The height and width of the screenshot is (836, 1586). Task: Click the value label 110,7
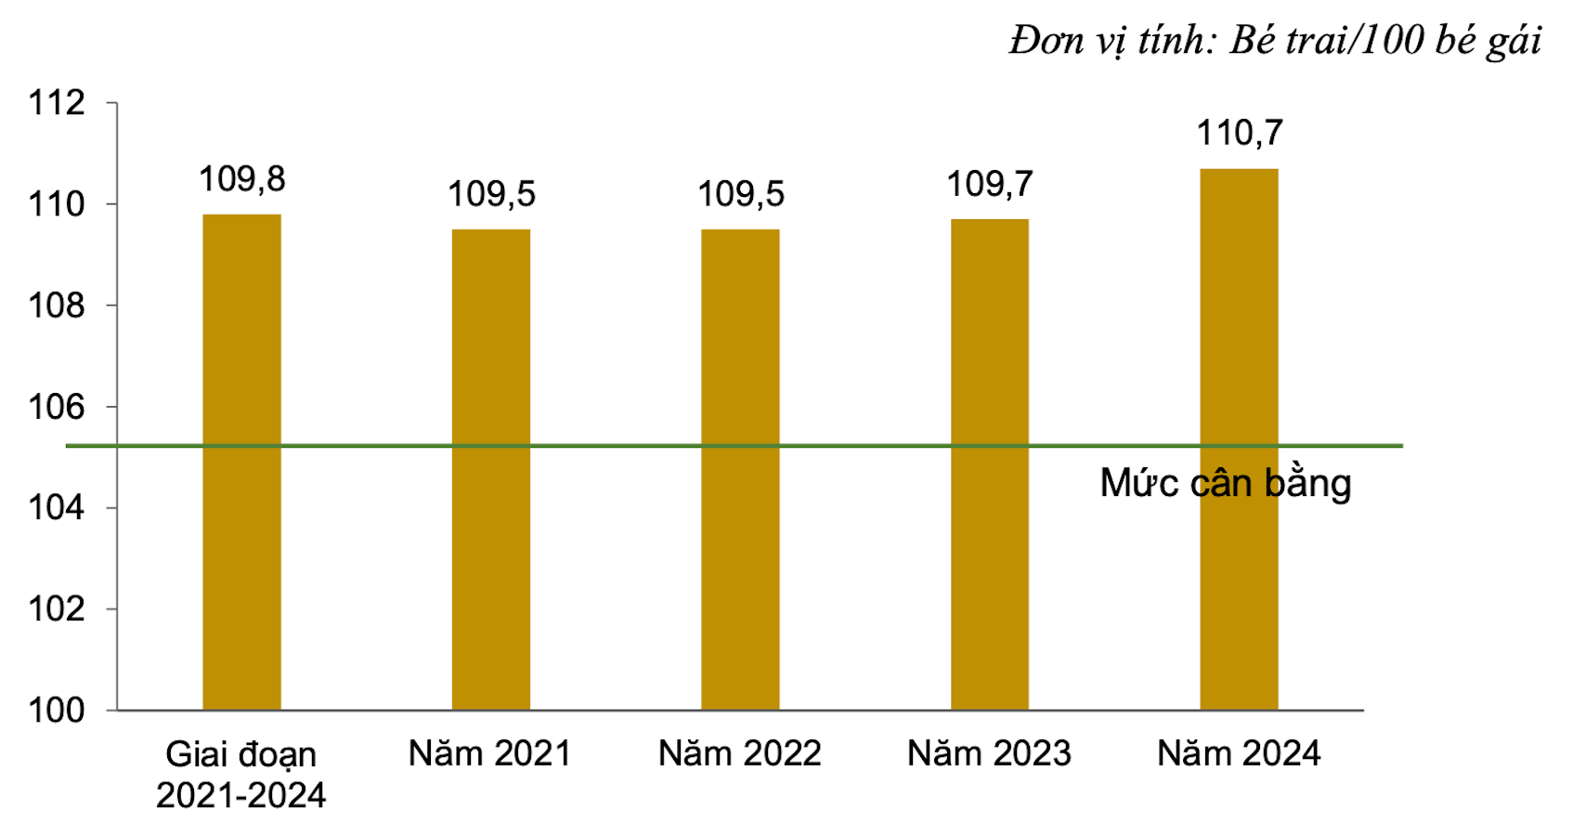coord(1240,134)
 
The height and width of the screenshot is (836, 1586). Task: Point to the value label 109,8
coord(242,179)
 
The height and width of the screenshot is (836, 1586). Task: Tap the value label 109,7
coord(990,185)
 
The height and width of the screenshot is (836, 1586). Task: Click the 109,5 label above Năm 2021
coord(491,194)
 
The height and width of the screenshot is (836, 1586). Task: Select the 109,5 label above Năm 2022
coord(741,194)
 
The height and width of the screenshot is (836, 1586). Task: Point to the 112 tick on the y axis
coord(57,102)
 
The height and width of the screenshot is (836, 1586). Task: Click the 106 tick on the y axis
coord(57,407)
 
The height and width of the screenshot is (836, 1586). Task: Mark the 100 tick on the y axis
coord(57,711)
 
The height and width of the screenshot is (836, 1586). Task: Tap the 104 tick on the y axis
coord(57,508)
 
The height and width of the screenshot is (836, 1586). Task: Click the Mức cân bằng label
coord(1225,483)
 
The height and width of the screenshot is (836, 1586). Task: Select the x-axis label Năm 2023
coord(990,753)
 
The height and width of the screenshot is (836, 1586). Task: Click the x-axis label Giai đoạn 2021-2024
coord(241,775)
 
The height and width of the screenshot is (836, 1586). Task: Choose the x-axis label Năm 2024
coord(1239,753)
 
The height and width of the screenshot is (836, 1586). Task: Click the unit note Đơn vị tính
coord(1275,41)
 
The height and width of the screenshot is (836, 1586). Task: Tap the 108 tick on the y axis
coord(57,306)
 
